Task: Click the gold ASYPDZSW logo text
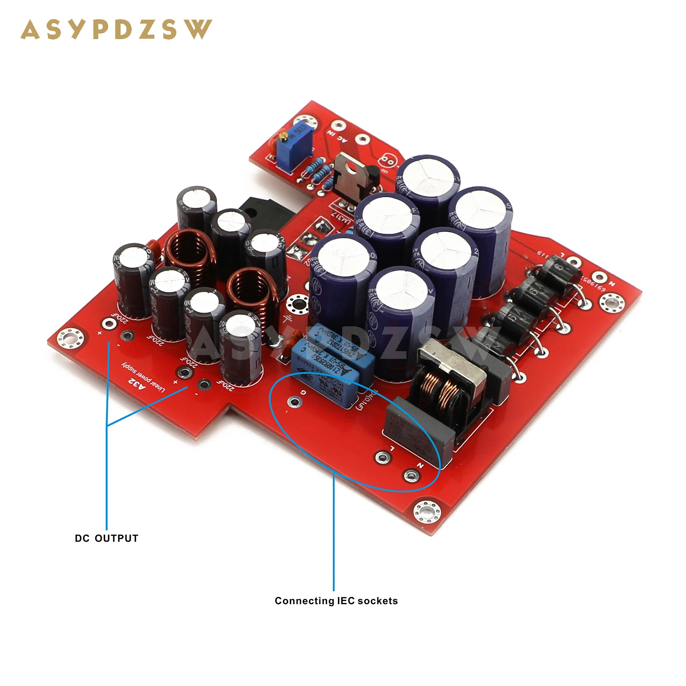pyautogui.click(x=116, y=30)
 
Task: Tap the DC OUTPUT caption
pyautogui.click(x=106, y=539)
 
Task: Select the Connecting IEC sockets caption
pyautogui.click(x=336, y=601)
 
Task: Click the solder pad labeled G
pyautogui.click(x=295, y=402)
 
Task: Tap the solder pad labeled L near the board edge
pyautogui.click(x=382, y=457)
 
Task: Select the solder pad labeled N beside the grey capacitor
pyautogui.click(x=410, y=475)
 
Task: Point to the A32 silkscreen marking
pyautogui.click(x=137, y=383)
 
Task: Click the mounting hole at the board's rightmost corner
pyautogui.click(x=610, y=303)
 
